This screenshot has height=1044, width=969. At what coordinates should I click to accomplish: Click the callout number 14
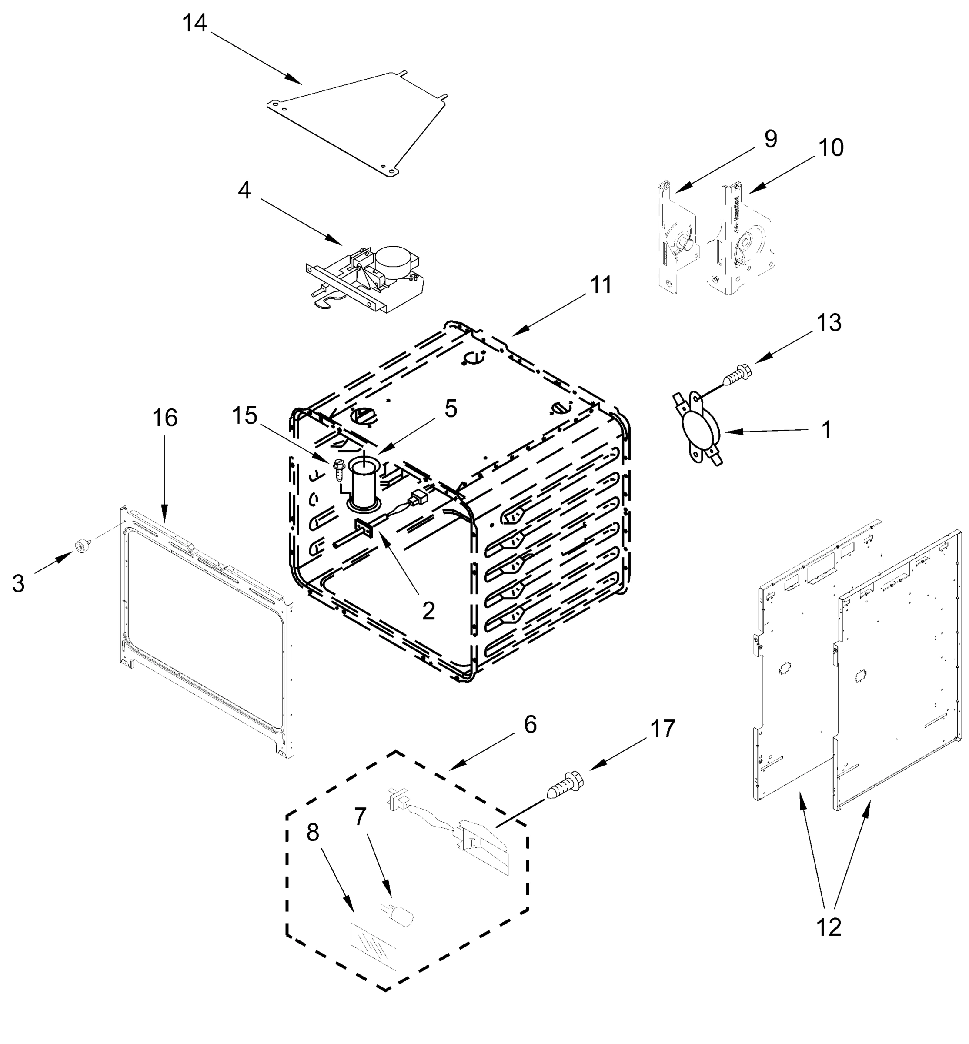(x=194, y=23)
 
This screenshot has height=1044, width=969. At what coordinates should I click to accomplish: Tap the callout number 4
(x=244, y=191)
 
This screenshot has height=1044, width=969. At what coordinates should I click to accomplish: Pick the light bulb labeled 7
(x=400, y=917)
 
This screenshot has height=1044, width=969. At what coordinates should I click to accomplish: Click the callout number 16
(x=165, y=418)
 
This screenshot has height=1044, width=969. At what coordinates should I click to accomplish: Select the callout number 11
(x=600, y=285)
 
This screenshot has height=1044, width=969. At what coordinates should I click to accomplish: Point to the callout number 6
(x=530, y=725)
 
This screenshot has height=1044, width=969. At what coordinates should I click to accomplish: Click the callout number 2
(x=428, y=610)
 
